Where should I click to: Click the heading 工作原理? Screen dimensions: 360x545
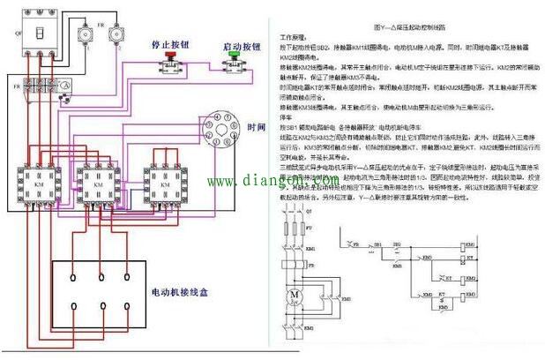293,39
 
